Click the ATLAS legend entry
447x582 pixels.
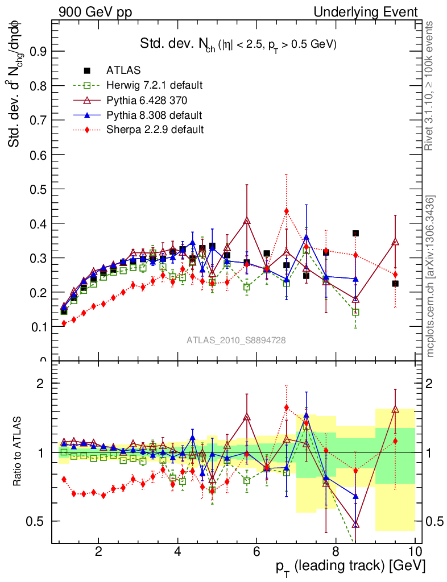[123, 70]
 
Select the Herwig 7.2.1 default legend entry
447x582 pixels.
[154, 86]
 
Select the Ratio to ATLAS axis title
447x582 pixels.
[19, 452]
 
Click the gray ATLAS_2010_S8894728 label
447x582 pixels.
[236, 340]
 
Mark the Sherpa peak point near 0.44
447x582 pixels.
[287, 211]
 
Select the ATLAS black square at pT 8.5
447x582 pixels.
[355, 233]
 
